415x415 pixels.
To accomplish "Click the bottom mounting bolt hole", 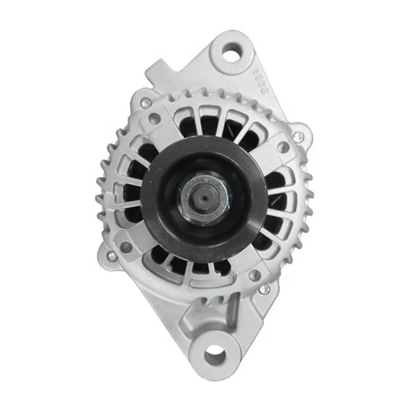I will (215, 355).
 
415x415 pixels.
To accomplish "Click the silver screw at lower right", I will (263, 289).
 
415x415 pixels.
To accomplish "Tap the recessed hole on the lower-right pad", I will (255, 274).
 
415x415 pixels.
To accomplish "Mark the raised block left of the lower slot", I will (195, 311).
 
